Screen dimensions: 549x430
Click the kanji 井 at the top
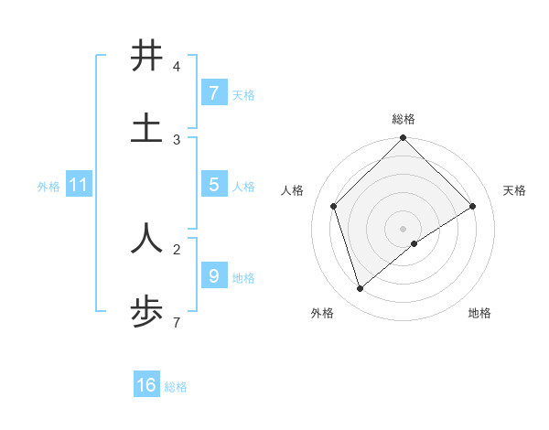tap(146, 56)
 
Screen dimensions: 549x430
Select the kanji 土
tap(146, 128)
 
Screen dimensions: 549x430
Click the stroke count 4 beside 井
tap(176, 67)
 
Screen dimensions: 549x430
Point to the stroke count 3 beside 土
tap(176, 140)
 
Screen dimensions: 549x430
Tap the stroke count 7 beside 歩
tap(176, 322)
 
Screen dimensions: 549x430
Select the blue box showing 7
tap(213, 92)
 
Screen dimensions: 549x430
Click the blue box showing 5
tap(213, 184)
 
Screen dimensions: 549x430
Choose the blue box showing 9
tap(213, 274)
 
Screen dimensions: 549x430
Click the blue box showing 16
tap(146, 385)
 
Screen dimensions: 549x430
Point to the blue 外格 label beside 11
tap(48, 186)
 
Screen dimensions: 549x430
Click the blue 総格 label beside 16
tap(176, 387)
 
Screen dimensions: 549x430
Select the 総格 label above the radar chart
tap(403, 119)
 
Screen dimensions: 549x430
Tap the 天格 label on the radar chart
tap(514, 190)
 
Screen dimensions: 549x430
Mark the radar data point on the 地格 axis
tap(414, 243)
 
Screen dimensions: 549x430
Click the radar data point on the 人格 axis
tap(334, 206)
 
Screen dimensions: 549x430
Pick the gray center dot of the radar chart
tap(403, 228)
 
